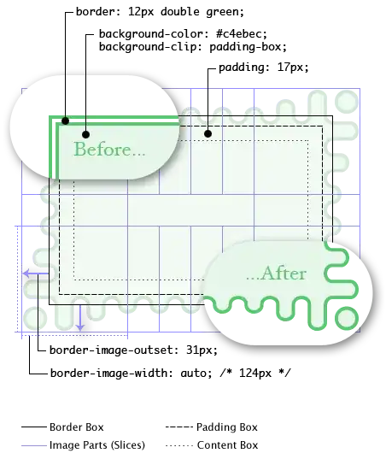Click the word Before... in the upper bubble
click(x=109, y=150)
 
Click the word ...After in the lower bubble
click(x=276, y=274)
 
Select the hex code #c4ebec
click(x=241, y=34)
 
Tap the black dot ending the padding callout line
click(x=208, y=134)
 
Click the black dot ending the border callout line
click(x=66, y=121)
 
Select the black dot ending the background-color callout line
click(x=85, y=134)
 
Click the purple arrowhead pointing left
click(x=26, y=274)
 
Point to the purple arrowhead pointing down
click(x=79, y=327)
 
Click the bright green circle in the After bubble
click(x=347, y=318)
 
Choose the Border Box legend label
click(x=77, y=427)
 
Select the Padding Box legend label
click(x=227, y=427)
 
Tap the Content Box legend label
click(x=227, y=445)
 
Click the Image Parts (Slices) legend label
click(x=97, y=445)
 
